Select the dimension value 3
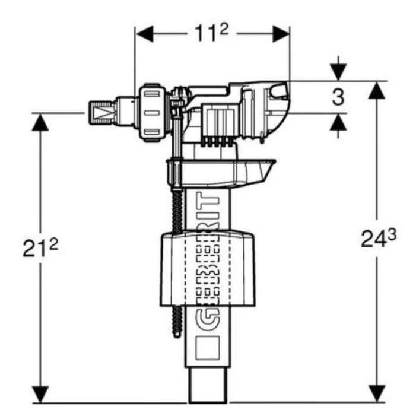click(x=338, y=97)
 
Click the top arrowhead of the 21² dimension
click(x=40, y=121)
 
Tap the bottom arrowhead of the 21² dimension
click(x=40, y=394)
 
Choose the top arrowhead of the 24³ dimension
click(x=376, y=90)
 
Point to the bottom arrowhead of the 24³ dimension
click(x=376, y=394)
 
